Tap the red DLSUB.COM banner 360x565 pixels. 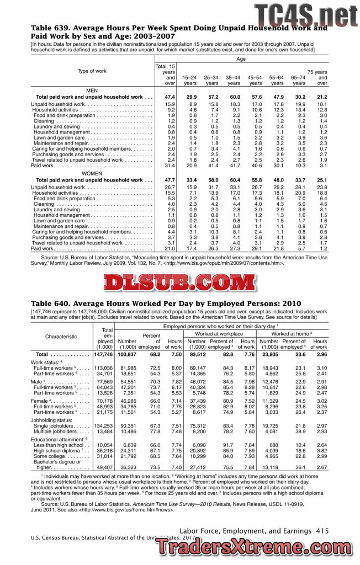point(179,282)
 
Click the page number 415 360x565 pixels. point(322,530)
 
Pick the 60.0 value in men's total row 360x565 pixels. point(234,97)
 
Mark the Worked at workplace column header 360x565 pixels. point(219,334)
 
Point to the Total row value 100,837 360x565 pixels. point(127,354)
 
